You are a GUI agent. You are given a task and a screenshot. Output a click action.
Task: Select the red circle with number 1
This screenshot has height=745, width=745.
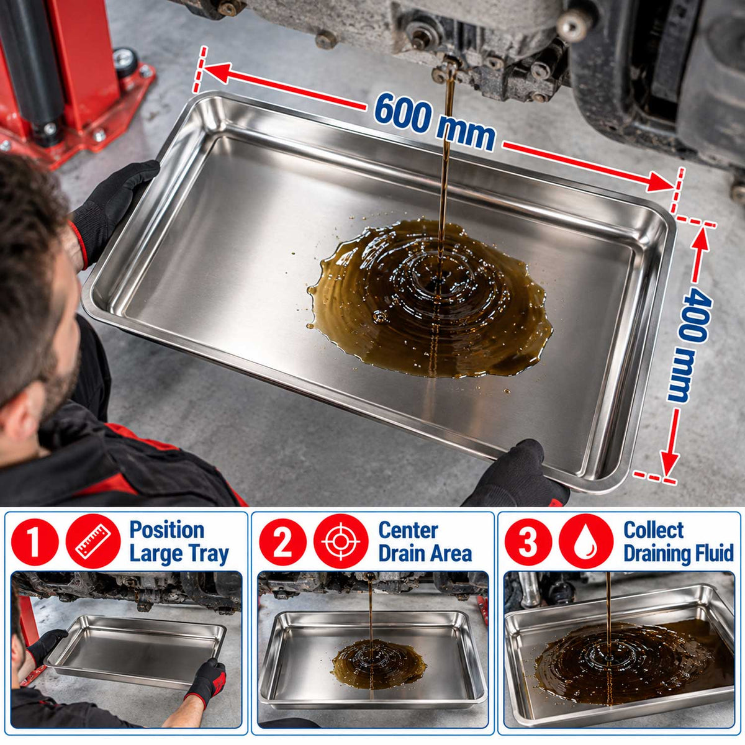click(34, 542)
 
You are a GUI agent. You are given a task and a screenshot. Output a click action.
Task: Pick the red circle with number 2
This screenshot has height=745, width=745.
click(282, 542)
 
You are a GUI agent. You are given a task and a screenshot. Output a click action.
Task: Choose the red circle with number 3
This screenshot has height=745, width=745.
click(528, 542)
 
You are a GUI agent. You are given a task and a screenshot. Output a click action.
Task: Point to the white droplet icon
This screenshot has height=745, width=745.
click(586, 542)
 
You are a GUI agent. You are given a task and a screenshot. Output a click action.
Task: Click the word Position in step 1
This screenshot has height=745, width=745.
click(166, 530)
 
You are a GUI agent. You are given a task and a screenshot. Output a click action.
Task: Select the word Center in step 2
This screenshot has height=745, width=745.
click(409, 530)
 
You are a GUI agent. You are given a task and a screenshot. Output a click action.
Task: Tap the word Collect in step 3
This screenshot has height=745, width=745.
click(654, 530)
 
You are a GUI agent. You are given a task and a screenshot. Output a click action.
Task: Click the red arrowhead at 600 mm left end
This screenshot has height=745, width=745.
click(217, 73)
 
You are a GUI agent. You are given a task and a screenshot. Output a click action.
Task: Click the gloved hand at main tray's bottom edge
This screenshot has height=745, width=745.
click(516, 475)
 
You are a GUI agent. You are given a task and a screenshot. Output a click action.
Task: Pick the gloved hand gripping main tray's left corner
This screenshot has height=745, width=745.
click(115, 209)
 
